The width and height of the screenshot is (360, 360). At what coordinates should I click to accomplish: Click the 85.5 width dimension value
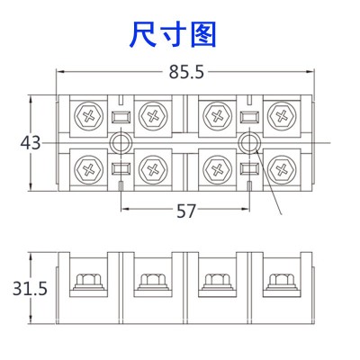tap(186, 72)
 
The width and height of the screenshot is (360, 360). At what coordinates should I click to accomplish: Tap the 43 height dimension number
tap(30, 143)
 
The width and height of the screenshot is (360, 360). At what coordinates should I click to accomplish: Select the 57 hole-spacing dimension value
tap(185, 211)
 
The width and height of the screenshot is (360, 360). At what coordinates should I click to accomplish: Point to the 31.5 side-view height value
tap(30, 289)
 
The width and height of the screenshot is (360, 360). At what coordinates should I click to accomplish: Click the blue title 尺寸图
tap(173, 34)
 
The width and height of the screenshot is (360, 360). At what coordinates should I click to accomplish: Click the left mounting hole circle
tap(121, 143)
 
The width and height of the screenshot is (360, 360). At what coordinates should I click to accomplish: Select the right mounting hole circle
tap(249, 143)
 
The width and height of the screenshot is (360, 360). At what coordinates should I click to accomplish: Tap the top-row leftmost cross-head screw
tap(89, 116)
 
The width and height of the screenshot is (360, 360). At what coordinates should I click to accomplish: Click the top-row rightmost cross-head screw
tap(281, 116)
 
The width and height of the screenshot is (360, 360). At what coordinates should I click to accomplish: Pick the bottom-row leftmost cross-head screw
tap(89, 170)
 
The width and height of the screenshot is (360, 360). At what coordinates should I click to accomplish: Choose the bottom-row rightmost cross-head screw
tap(281, 170)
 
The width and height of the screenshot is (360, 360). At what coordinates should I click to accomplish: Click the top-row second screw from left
tap(153, 116)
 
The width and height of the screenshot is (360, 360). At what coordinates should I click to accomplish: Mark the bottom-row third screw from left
tap(217, 170)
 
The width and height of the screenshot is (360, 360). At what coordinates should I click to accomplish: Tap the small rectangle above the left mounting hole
tap(121, 117)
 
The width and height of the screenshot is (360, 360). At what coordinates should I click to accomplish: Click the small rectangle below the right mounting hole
tap(250, 168)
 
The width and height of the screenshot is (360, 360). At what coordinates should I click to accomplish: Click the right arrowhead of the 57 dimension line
tap(246, 209)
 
